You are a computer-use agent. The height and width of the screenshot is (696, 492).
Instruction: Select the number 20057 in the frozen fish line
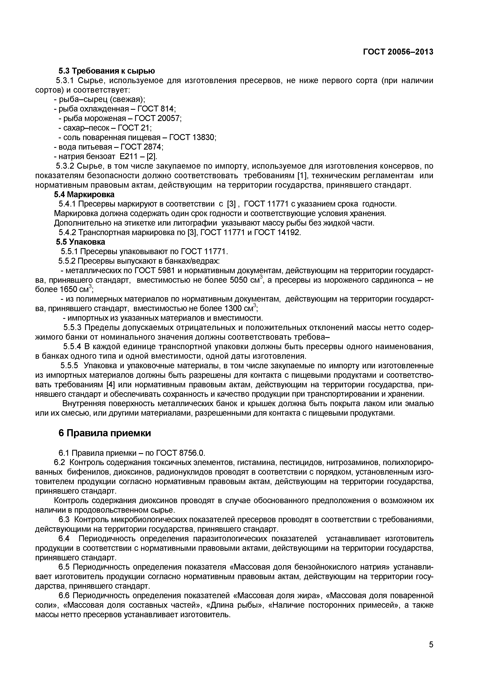(169, 118)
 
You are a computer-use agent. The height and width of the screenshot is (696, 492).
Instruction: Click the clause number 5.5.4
(72, 346)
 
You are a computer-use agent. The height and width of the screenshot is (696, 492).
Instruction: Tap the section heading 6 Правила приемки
(104, 434)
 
